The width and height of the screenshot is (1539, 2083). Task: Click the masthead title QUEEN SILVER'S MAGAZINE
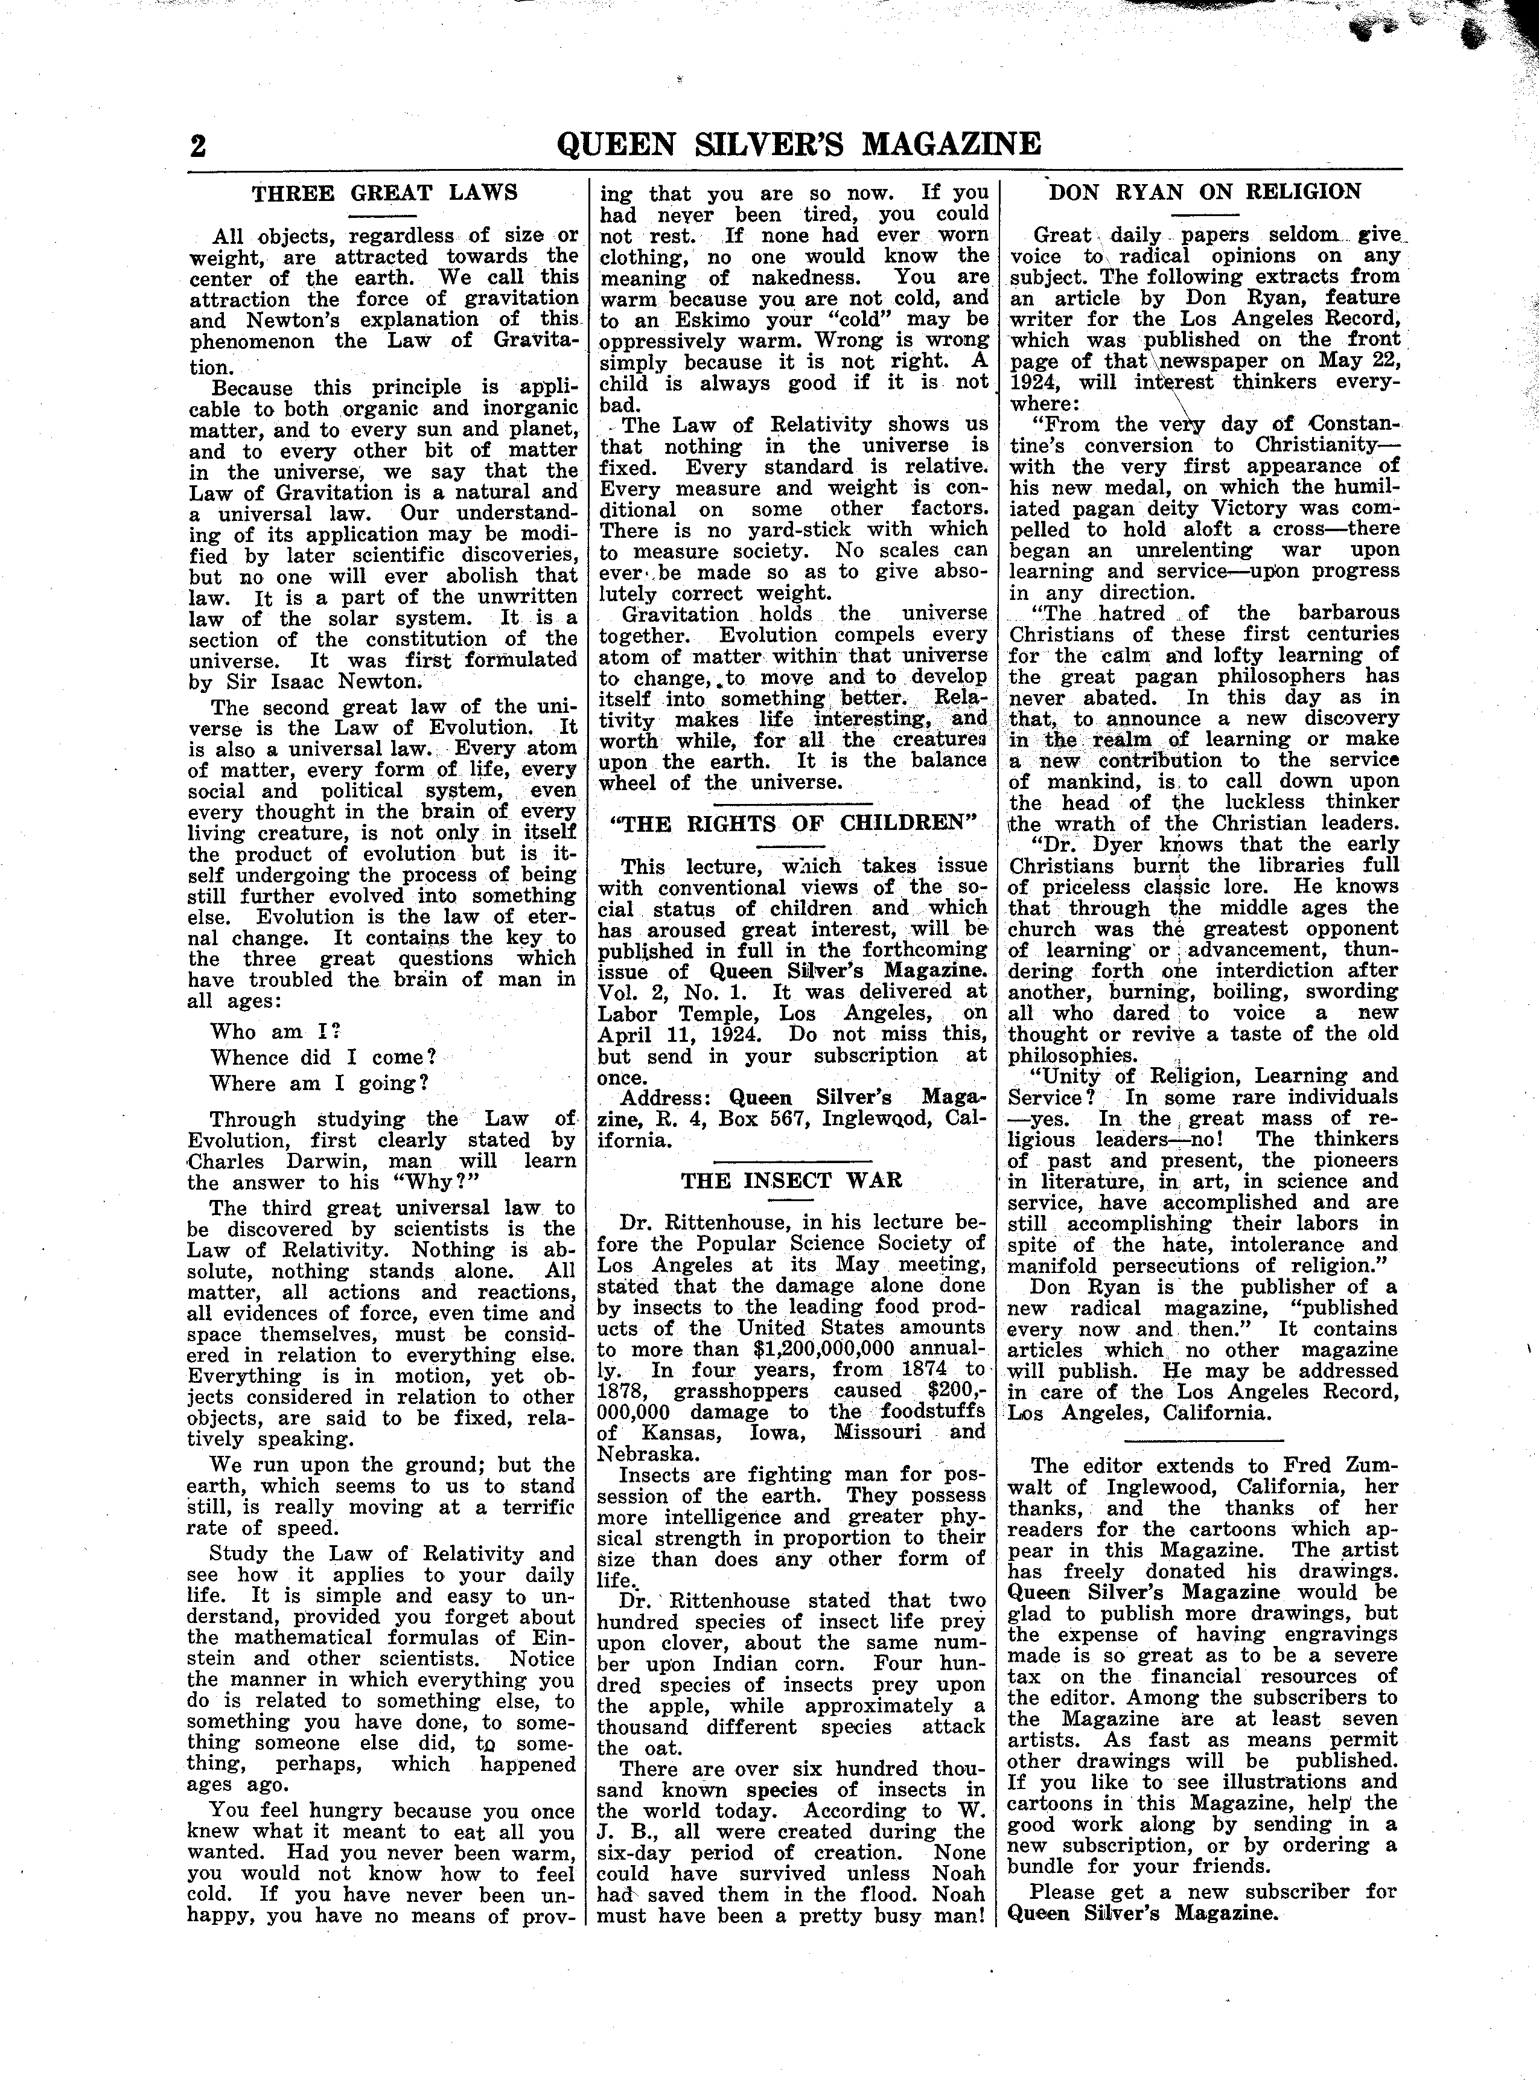[x=798, y=144]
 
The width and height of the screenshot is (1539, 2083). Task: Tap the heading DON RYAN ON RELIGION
[x=1205, y=192]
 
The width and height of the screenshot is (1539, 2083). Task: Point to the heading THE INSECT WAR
[x=791, y=1180]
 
